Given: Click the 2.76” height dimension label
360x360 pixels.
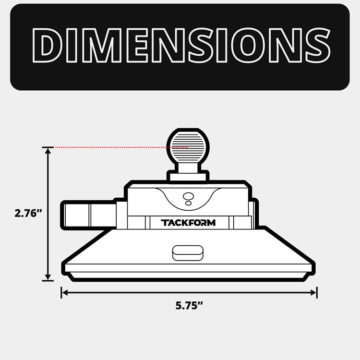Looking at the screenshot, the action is click(28, 214).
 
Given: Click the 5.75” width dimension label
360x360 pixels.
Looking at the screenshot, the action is click(189, 306).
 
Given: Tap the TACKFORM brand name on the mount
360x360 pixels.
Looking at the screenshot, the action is click(188, 223).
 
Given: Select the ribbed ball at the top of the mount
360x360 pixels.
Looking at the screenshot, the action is click(188, 147).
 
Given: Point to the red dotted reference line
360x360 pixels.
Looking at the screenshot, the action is click(121, 147).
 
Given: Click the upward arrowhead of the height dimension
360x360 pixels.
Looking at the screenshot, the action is click(48, 151).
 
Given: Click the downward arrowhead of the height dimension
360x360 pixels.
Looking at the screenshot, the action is click(48, 277).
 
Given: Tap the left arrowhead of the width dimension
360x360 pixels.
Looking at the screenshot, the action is click(65, 292).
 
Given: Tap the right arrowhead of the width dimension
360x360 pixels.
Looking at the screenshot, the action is click(313, 292).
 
